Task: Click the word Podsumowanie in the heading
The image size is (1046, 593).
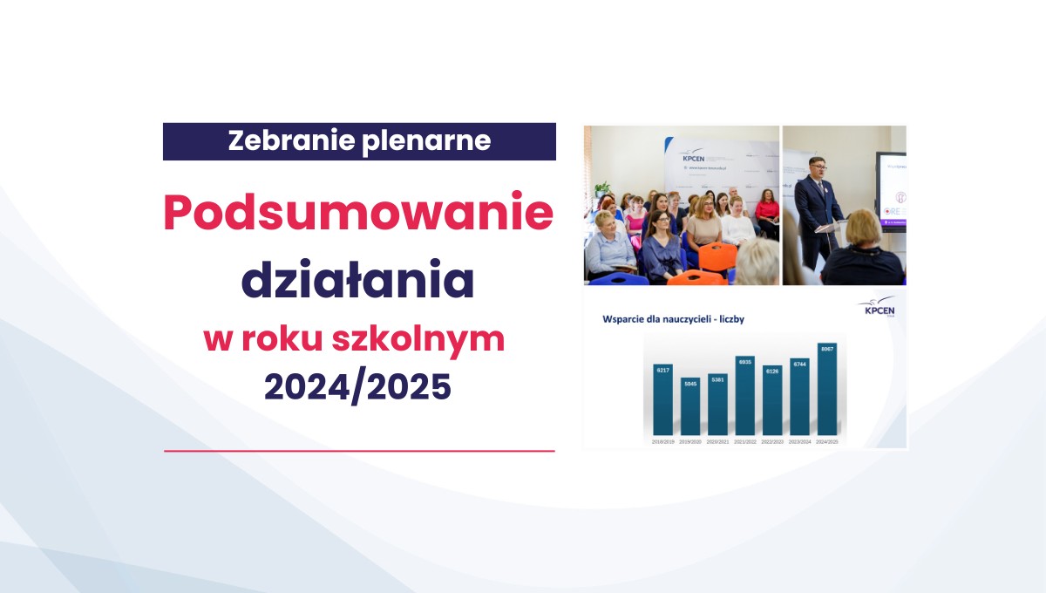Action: click(358, 213)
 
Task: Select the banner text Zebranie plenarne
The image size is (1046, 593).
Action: click(359, 141)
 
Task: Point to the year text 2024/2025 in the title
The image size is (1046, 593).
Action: click(358, 385)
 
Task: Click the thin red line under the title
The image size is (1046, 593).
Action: click(359, 451)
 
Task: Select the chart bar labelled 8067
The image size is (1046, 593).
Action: click(827, 390)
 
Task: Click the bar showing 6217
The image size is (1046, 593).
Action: click(662, 399)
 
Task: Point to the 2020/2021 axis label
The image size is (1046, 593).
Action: click(717, 442)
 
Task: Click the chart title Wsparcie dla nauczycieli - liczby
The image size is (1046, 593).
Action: click(673, 319)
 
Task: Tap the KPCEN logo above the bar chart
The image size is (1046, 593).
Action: click(877, 307)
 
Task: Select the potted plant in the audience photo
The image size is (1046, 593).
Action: click(601, 190)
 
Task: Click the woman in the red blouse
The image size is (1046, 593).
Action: click(767, 212)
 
